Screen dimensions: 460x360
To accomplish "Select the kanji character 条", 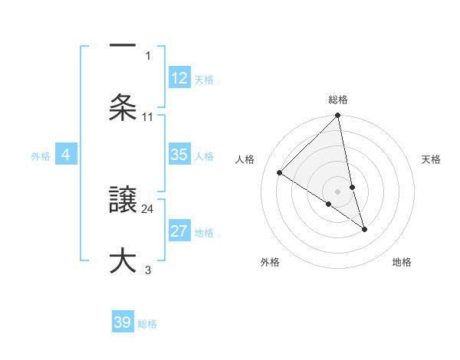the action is click(x=123, y=106).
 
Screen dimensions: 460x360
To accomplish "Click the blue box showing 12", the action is click(x=179, y=78).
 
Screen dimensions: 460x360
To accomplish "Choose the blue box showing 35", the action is click(x=179, y=155).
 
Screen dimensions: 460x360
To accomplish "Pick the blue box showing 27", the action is click(x=179, y=231).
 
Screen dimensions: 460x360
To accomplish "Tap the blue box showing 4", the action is click(x=66, y=155).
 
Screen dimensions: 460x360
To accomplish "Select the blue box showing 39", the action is click(x=123, y=322).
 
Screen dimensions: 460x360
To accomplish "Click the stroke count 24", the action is click(x=148, y=208).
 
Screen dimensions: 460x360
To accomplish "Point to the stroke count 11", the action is click(x=148, y=116).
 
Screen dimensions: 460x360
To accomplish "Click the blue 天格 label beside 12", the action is click(x=204, y=79).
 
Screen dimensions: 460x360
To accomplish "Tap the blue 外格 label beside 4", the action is click(x=41, y=155).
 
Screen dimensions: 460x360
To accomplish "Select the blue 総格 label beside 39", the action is click(x=147, y=323).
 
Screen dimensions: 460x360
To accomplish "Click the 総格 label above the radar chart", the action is click(x=338, y=100).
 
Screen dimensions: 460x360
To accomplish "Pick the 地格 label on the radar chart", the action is click(x=402, y=262).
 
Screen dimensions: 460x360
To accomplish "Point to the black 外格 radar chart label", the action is click(x=270, y=262).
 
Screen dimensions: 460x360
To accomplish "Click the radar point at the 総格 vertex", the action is click(x=338, y=116).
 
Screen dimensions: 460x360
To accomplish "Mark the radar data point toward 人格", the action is click(x=280, y=173).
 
